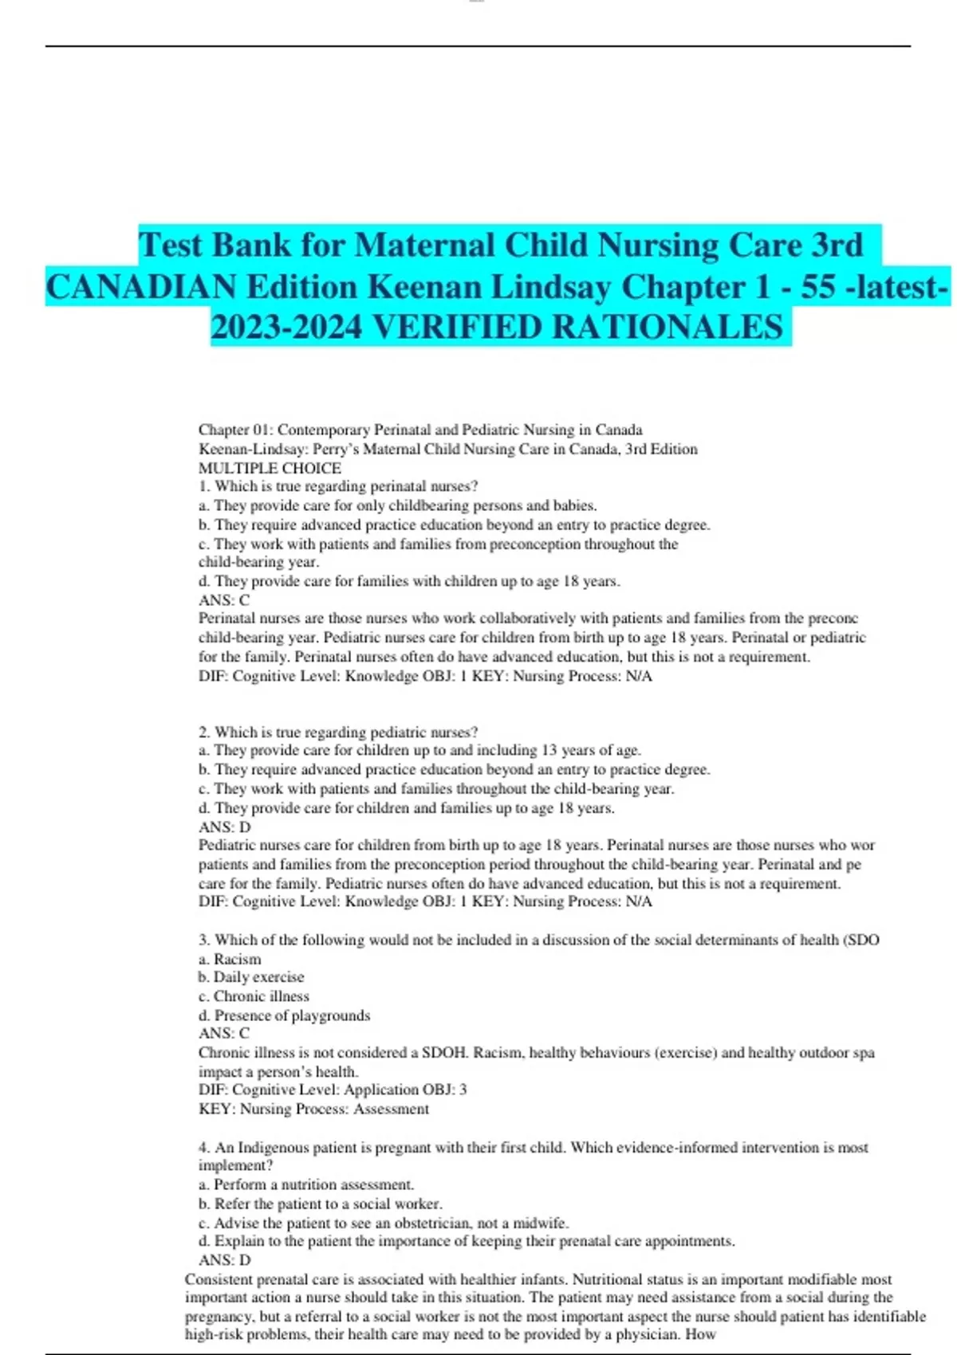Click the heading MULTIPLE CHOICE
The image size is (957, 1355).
coord(270,468)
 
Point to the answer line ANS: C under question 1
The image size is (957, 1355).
coord(224,600)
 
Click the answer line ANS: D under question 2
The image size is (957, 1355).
coord(224,827)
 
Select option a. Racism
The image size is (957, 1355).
coord(230,959)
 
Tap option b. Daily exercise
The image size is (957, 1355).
coord(251,977)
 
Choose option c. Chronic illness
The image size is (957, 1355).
coord(254,996)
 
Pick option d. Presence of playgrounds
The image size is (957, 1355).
coord(285,1015)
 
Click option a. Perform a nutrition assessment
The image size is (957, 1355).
coord(306,1184)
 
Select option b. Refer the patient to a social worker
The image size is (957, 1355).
coord(321,1204)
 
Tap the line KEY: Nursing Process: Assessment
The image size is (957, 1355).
coord(313,1109)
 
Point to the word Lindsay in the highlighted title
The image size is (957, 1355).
coord(549,287)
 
